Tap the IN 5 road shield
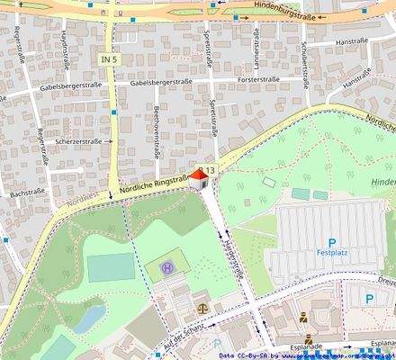click(x=110, y=58)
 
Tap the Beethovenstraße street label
click(x=157, y=131)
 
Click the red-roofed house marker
click(x=201, y=178)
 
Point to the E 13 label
click(x=208, y=170)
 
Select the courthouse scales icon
click(x=200, y=307)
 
